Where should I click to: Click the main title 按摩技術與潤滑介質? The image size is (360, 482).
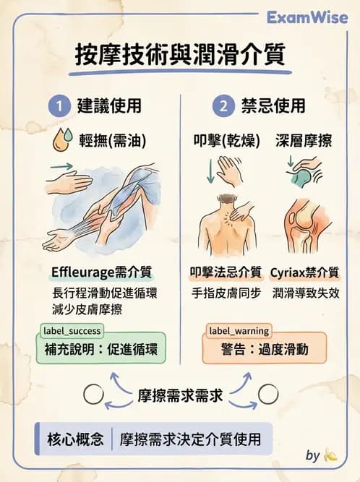180,55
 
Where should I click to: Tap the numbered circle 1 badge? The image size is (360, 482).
58,106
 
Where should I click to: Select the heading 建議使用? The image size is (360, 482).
109,106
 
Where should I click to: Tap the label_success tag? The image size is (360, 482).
70,331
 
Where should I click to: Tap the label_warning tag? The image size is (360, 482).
239,331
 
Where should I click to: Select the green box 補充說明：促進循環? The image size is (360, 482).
100,350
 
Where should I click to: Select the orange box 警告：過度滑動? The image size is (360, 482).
265,350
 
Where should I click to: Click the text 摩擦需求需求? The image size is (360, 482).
179,395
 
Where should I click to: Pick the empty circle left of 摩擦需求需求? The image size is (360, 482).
93,395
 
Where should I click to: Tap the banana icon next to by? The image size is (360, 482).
331,455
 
